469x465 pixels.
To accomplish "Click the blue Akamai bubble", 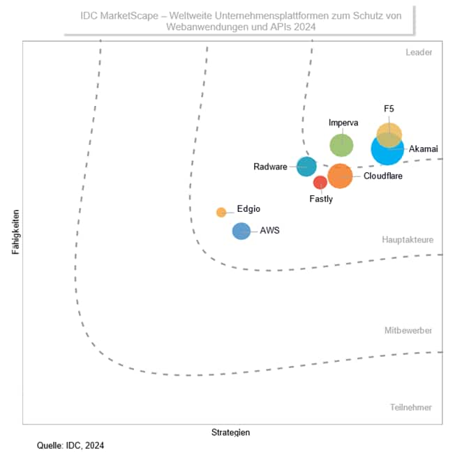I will pyautogui.click(x=386, y=150).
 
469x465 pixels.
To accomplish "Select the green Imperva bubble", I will pyautogui.click(x=341, y=145).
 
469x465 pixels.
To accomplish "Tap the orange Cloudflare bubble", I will pyautogui.click(x=340, y=176).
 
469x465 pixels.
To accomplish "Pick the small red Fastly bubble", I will pyautogui.click(x=320, y=183).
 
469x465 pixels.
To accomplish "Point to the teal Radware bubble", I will pyautogui.click(x=306, y=166).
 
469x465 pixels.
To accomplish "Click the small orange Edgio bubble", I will pyautogui.click(x=221, y=212).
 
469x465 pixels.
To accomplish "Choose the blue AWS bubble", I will pyautogui.click(x=241, y=231).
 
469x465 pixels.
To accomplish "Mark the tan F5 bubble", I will pyautogui.click(x=389, y=133).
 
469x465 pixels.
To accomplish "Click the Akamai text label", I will pyautogui.click(x=424, y=148).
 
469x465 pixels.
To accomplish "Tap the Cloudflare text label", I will pyautogui.click(x=383, y=176).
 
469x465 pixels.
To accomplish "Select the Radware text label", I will pyautogui.click(x=270, y=167).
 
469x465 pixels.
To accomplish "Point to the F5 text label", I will pyautogui.click(x=389, y=109).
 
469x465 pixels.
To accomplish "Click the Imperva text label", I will pyautogui.click(x=343, y=123).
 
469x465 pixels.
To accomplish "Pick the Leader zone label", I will pyautogui.click(x=419, y=52).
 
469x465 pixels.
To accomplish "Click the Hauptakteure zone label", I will pyautogui.click(x=408, y=240).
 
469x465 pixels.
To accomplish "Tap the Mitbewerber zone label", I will pyautogui.click(x=408, y=330).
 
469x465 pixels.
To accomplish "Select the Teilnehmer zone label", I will pyautogui.click(x=411, y=407).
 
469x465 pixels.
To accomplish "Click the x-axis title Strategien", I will pyautogui.click(x=230, y=432).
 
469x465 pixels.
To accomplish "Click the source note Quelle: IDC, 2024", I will pyautogui.click(x=71, y=445).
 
